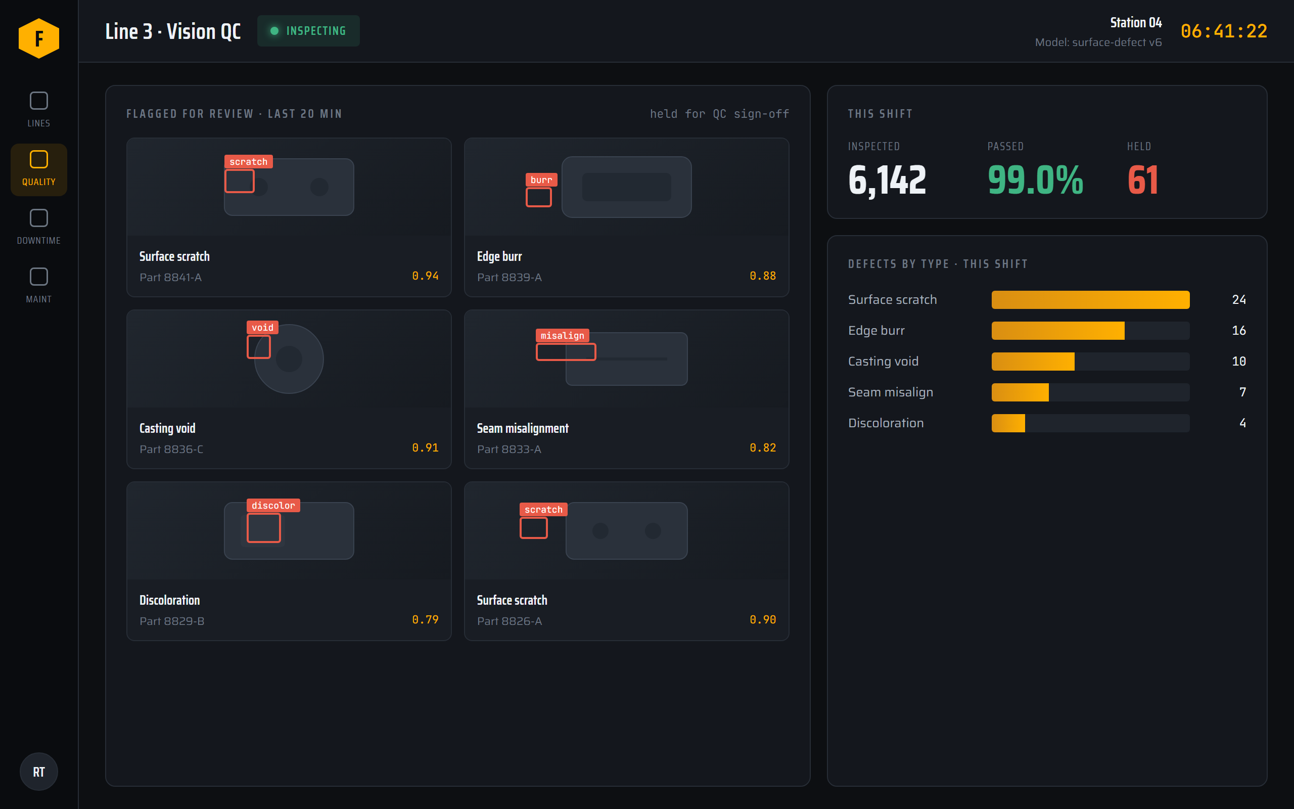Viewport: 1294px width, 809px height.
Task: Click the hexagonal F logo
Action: tap(39, 38)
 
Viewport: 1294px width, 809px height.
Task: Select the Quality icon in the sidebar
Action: tap(39, 159)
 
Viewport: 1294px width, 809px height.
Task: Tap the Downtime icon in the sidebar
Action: tap(39, 218)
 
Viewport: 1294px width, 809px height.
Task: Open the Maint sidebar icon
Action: tap(39, 277)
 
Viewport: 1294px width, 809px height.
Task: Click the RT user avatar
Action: tap(39, 772)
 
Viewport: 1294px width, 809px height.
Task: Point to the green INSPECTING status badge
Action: tap(308, 31)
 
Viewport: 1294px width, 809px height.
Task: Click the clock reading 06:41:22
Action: tap(1224, 31)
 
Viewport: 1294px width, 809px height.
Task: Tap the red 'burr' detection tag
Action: tap(541, 180)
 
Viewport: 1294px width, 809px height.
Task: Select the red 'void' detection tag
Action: tap(262, 328)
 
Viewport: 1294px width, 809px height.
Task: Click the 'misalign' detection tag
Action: tap(563, 335)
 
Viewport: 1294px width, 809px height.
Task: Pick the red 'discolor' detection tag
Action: tap(273, 506)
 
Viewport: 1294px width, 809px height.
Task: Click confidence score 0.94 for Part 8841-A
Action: tap(425, 276)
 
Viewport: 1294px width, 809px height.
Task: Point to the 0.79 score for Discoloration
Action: tap(425, 619)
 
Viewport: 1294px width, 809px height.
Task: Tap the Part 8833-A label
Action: tap(509, 450)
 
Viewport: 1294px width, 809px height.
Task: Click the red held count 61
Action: tap(1143, 181)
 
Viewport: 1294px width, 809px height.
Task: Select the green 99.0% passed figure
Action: tap(1035, 181)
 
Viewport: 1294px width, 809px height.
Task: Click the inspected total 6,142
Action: tap(887, 181)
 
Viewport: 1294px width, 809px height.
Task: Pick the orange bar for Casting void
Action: tap(1033, 362)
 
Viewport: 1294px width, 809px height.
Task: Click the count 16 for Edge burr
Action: tap(1239, 331)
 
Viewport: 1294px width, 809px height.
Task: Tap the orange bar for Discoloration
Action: tap(1008, 423)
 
